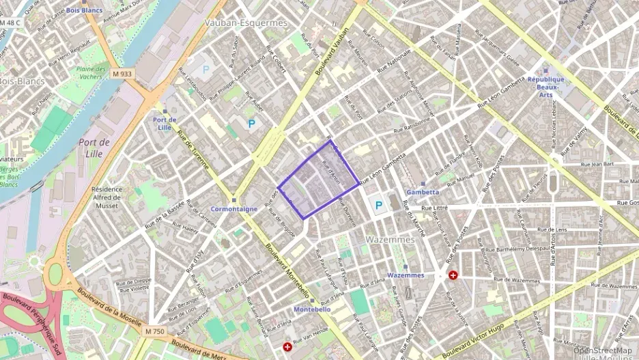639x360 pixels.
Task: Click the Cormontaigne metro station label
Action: (x=233, y=209)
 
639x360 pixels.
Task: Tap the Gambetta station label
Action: (x=423, y=192)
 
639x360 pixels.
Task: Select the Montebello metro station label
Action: (x=312, y=309)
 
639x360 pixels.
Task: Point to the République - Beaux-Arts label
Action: (x=546, y=87)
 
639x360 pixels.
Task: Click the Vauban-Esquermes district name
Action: (x=246, y=23)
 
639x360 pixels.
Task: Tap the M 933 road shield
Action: (x=124, y=74)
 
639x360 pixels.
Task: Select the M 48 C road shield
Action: (x=10, y=23)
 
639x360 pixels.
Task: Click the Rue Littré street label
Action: (x=436, y=208)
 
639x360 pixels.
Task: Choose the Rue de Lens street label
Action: (x=552, y=230)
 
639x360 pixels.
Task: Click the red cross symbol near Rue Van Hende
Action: (x=287, y=347)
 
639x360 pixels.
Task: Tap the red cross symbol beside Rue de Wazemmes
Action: (x=453, y=275)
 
